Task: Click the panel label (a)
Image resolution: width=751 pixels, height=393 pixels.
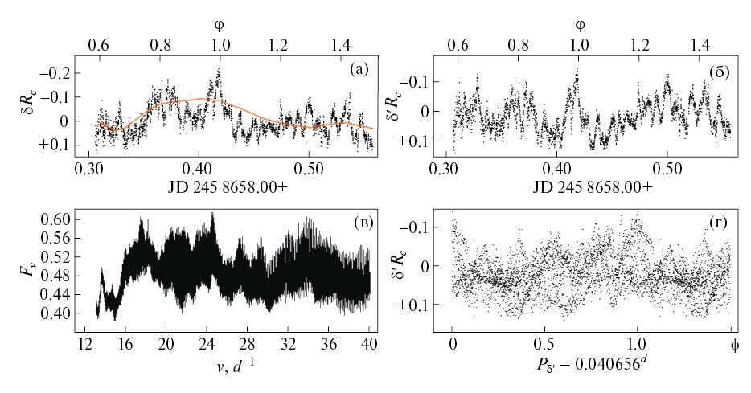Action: click(359, 68)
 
